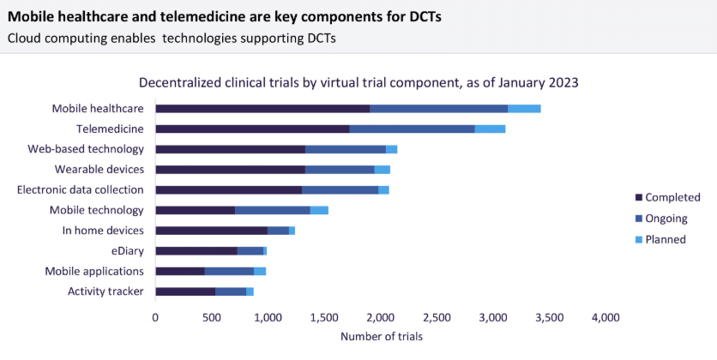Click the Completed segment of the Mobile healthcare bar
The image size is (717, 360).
(262, 109)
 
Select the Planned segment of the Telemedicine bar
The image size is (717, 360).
(490, 129)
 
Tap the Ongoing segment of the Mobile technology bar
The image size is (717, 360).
(272, 210)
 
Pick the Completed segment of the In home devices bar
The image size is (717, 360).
(211, 231)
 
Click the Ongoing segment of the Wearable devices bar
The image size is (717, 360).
(339, 170)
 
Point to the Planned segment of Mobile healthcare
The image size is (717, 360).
(523, 109)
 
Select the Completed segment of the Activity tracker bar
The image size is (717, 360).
(185, 291)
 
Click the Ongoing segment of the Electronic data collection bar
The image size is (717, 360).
(340, 189)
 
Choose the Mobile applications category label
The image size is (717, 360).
(94, 272)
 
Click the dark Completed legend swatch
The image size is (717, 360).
(637, 198)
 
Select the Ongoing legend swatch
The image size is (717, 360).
(637, 219)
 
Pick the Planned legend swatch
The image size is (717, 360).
(637, 239)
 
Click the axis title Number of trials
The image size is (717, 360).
(381, 337)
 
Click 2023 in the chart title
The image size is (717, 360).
(564, 83)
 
